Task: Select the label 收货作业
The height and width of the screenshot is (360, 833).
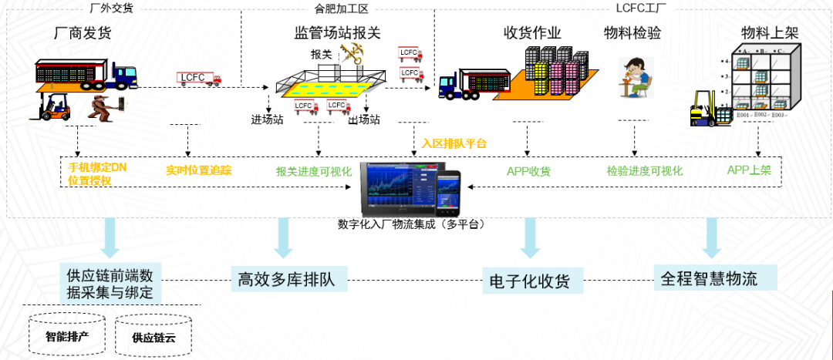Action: coord(532,33)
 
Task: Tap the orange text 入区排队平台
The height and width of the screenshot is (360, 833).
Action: coord(454,143)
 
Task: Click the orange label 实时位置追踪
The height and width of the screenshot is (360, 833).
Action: coord(199,170)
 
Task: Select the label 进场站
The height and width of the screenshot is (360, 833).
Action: coord(268,119)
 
